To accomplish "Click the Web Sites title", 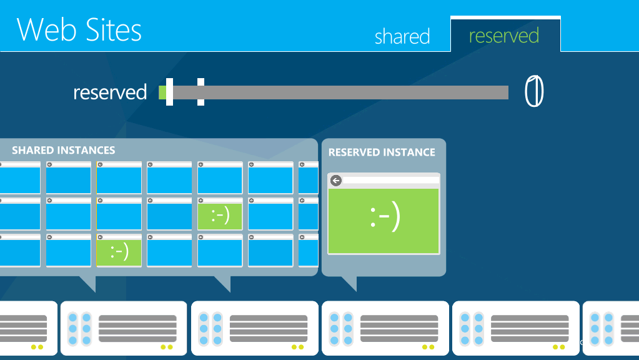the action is click(79, 29).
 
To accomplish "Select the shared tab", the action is click(402, 36).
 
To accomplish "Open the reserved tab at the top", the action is click(504, 36).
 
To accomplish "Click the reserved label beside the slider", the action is click(110, 92).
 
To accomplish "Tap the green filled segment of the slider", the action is click(162, 92).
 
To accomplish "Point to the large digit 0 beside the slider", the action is click(534, 91).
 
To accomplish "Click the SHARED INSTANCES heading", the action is click(64, 151).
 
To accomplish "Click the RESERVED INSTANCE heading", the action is click(382, 152).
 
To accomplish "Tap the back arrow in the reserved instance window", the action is click(336, 180).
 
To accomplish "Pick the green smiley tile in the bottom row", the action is click(119, 251).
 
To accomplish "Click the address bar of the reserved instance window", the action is click(391, 180).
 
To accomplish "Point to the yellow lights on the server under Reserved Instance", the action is click(428, 347).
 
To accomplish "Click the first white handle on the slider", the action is click(169, 92).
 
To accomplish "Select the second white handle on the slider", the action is click(201, 92).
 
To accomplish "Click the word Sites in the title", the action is click(114, 29).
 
